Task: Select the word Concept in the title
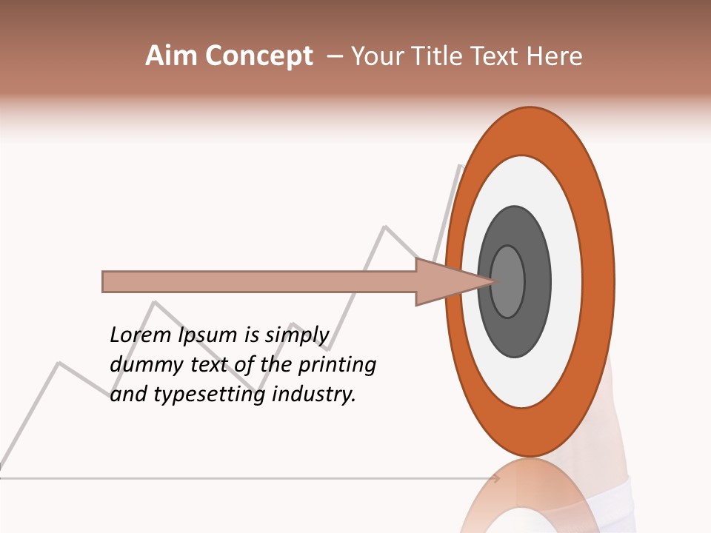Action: (x=258, y=57)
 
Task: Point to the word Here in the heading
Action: (x=555, y=56)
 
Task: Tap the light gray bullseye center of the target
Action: (x=507, y=281)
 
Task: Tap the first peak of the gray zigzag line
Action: (x=59, y=363)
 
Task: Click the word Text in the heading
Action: (x=503, y=56)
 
